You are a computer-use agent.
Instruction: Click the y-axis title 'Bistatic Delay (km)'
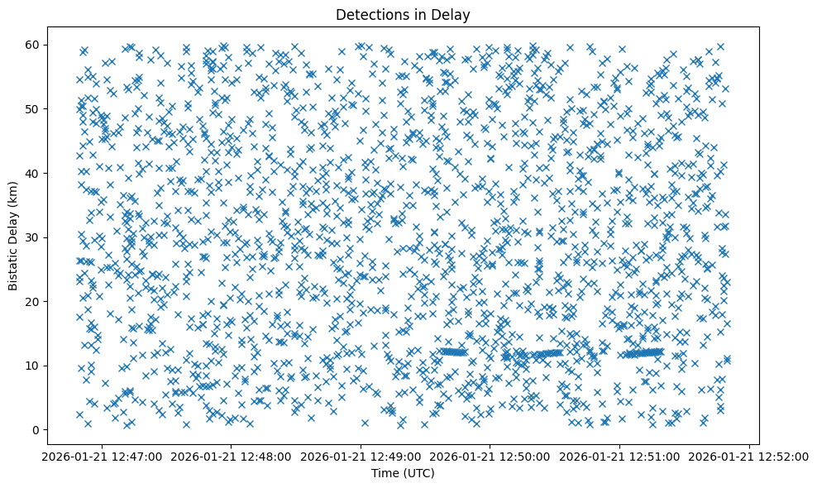tap(14, 235)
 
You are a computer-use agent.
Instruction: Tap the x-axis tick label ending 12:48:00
tap(232, 456)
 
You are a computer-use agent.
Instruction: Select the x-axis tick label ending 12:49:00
tap(361, 456)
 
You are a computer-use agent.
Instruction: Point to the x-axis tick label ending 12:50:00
tap(490, 456)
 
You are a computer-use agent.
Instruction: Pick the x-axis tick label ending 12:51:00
tap(620, 456)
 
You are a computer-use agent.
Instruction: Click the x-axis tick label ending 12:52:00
tap(749, 456)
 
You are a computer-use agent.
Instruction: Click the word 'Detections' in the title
tap(366, 14)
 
